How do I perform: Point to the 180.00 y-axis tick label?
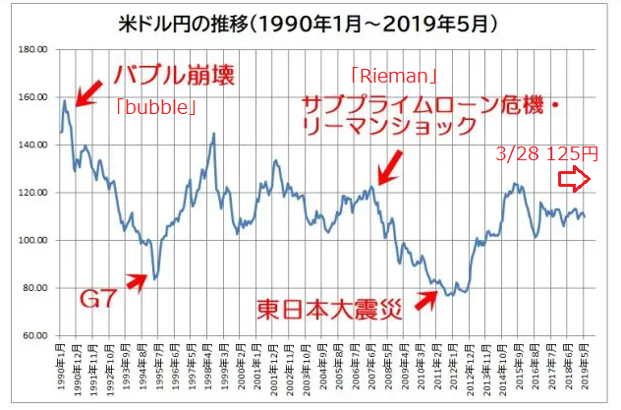point(34,49)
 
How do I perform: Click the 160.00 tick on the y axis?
point(34,97)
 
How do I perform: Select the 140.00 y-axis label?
point(34,145)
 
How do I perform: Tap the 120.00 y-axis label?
point(34,193)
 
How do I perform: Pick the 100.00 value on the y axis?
point(34,241)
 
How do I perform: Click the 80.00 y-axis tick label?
point(36,288)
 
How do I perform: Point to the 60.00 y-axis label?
point(36,336)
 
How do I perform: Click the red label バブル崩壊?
point(174,75)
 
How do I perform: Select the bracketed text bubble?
point(154,105)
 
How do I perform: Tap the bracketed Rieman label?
point(393,74)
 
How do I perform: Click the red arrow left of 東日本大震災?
point(425,298)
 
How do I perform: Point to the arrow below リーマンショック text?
point(390,167)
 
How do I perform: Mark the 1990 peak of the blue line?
point(65,100)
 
